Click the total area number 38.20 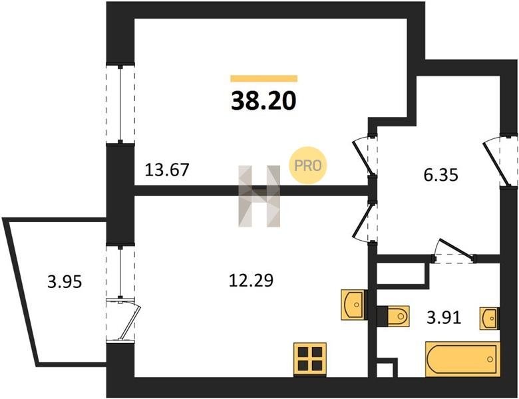263,100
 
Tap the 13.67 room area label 167,170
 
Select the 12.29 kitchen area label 252,281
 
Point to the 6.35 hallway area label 441,175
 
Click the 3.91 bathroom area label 444,318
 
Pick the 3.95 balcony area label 65,282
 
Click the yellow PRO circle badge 308,166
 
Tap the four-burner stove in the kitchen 310,360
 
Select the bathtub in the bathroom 462,359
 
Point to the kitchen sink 353,305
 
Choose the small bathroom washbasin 490,319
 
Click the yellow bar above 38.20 263,78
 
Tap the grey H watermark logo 259,196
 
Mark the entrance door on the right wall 500,160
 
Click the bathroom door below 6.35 454,251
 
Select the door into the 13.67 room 365,156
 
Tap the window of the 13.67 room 120,104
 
